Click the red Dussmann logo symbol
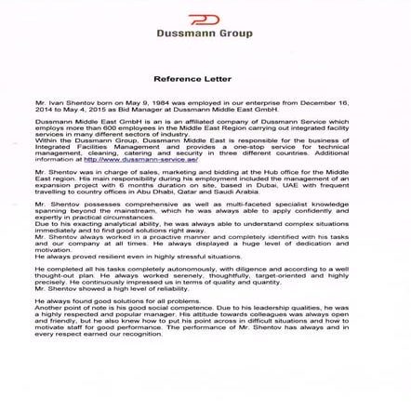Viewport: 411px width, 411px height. [205, 20]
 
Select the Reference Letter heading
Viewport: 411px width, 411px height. [205, 81]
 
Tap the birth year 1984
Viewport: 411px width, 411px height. [140, 102]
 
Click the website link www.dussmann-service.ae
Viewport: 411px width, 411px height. [141, 159]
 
